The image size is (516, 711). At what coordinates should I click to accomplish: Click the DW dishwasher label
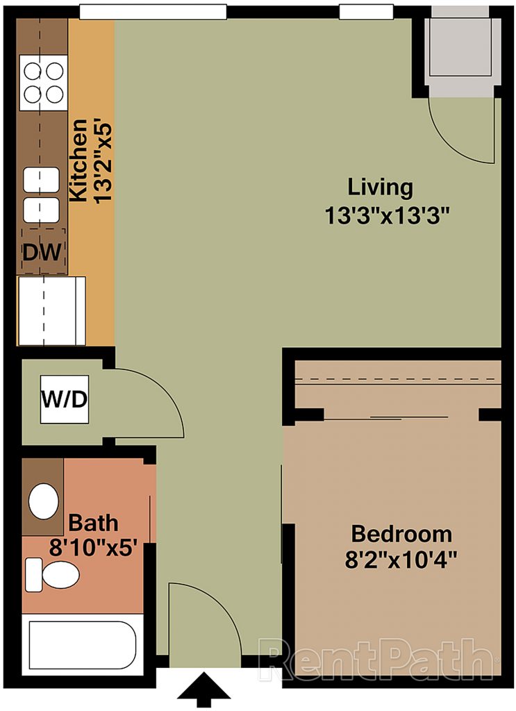(42, 252)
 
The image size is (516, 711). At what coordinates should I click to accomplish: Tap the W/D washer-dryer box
(65, 399)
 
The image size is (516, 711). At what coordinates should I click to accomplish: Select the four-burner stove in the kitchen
(44, 83)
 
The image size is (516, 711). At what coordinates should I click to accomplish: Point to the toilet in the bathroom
(51, 574)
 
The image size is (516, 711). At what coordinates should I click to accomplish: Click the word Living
(380, 187)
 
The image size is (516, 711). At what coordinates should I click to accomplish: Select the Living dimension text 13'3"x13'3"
(387, 216)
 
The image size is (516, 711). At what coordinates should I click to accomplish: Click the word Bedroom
(401, 534)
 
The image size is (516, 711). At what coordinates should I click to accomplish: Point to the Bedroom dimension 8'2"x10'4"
(401, 560)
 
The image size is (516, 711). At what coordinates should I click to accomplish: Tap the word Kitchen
(78, 160)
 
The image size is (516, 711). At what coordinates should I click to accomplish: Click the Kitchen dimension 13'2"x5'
(103, 161)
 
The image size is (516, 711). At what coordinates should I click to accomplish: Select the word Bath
(93, 523)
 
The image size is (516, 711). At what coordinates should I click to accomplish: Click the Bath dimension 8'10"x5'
(93, 549)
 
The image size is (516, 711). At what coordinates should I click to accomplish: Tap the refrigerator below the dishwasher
(51, 311)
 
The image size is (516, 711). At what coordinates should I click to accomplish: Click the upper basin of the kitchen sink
(41, 180)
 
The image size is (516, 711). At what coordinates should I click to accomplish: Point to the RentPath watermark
(377, 660)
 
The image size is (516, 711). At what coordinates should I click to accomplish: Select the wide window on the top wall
(153, 12)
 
